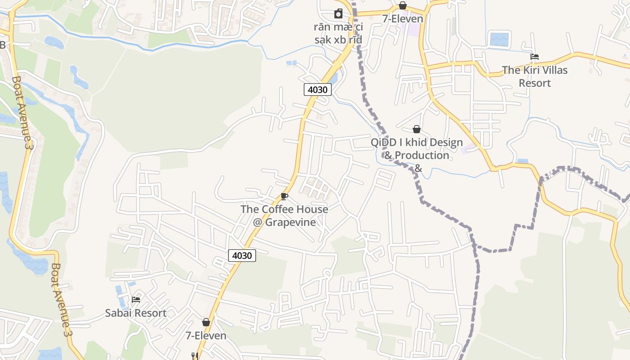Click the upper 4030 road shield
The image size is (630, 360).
pyautogui.click(x=318, y=90)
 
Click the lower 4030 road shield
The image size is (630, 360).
pyautogui.click(x=242, y=256)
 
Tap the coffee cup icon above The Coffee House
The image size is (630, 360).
pyautogui.click(x=284, y=196)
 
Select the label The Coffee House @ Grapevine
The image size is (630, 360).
pyautogui.click(x=284, y=216)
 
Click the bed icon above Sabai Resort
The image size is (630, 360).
pyautogui.click(x=136, y=299)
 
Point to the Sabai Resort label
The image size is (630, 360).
pyautogui.click(x=136, y=313)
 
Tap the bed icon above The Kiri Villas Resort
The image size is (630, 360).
pyautogui.click(x=535, y=57)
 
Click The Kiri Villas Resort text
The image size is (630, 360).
pyautogui.click(x=535, y=76)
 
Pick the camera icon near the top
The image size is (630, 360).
pyautogui.click(x=338, y=14)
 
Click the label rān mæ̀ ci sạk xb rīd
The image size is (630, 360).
pyautogui.click(x=338, y=33)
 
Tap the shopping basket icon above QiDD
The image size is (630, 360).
pyautogui.click(x=417, y=130)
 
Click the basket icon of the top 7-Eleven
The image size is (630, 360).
pyautogui.click(x=403, y=5)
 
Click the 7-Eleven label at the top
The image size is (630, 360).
pyautogui.click(x=403, y=19)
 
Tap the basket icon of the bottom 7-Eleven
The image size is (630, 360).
pyautogui.click(x=206, y=322)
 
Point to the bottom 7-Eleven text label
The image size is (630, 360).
pyautogui.click(x=206, y=336)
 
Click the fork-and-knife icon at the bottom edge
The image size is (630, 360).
pyautogui.click(x=195, y=356)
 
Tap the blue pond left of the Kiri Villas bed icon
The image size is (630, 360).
pyautogui.click(x=499, y=39)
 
